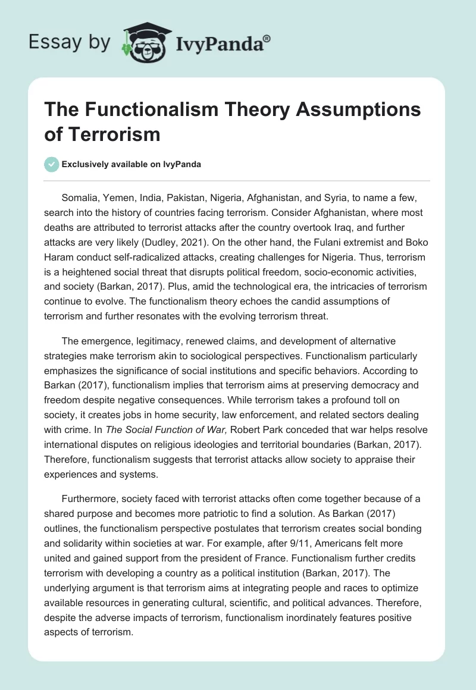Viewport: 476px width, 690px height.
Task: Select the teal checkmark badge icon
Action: [x=52, y=164]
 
